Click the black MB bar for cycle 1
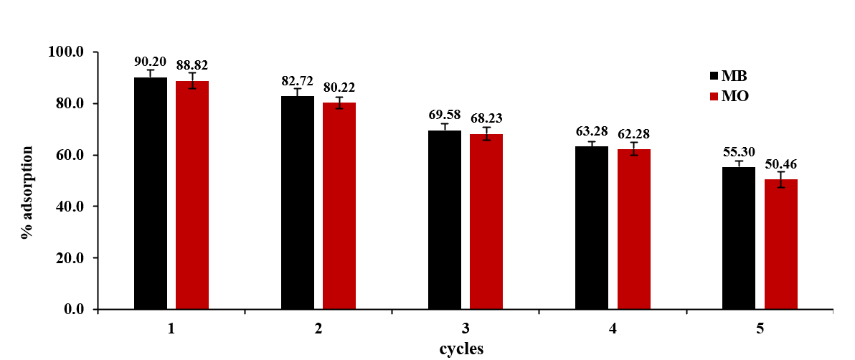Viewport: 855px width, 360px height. pos(151,194)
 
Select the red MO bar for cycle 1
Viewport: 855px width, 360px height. pos(192,195)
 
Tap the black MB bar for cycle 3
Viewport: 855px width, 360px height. pos(445,220)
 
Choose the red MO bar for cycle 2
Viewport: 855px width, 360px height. pos(339,206)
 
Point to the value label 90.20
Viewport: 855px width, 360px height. pos(151,61)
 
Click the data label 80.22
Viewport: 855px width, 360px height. pos(339,87)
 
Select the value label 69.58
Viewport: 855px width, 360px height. pos(445,115)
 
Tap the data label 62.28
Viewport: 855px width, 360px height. pos(633,133)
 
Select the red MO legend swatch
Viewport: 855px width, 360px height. pos(714,96)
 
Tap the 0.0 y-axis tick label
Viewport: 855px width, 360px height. pos(75,309)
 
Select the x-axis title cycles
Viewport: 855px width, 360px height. pos(461,349)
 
